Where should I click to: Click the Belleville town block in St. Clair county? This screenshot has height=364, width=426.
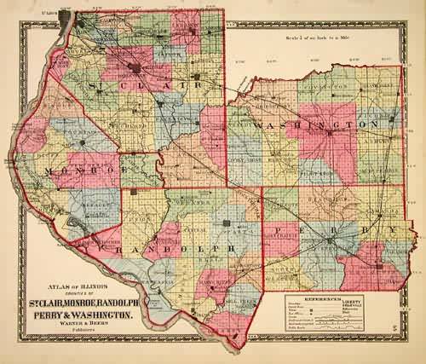pos(134,71)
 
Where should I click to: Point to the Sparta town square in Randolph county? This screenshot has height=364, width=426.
pos(227,226)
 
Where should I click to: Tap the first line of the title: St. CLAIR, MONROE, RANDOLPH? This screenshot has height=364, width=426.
pos(78,302)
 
